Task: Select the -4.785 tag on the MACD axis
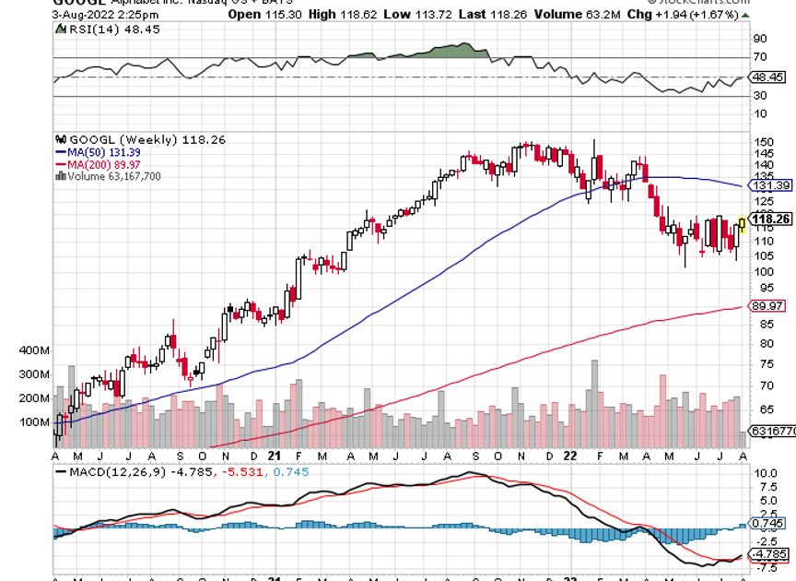point(770,554)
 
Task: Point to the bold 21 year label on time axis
point(275,456)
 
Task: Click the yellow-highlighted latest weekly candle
point(743,224)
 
